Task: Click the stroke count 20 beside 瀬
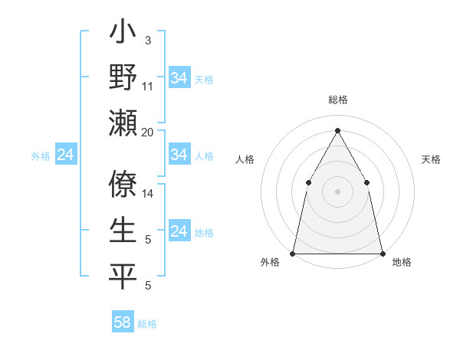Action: (x=148, y=133)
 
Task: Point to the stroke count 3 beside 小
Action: (x=148, y=40)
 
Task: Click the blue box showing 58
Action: (x=123, y=322)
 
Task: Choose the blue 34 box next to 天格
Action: (x=179, y=78)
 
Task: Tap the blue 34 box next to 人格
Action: (x=179, y=155)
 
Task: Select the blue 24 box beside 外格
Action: (x=66, y=155)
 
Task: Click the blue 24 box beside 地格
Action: (x=179, y=231)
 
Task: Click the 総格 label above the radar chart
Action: (x=337, y=100)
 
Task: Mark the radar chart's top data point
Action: (x=337, y=129)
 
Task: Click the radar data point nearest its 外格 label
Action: (x=293, y=253)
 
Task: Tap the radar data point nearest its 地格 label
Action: (x=382, y=253)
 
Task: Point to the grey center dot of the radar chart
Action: (x=337, y=191)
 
